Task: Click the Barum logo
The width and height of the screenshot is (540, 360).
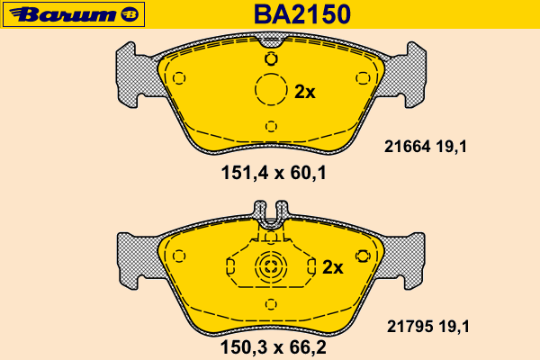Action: (x=74, y=14)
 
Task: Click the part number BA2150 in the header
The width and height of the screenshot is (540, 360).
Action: (x=302, y=14)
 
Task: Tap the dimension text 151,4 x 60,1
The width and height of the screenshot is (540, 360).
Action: (x=274, y=173)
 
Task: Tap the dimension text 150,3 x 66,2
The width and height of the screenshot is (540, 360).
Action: (x=273, y=347)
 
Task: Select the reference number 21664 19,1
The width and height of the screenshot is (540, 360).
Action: (x=426, y=147)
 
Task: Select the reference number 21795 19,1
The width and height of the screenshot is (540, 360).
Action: (x=428, y=326)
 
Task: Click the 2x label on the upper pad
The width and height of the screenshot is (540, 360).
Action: (x=305, y=92)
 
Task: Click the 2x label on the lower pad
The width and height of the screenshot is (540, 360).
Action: (x=333, y=267)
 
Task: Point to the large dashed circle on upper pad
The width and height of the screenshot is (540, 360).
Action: (x=271, y=74)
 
